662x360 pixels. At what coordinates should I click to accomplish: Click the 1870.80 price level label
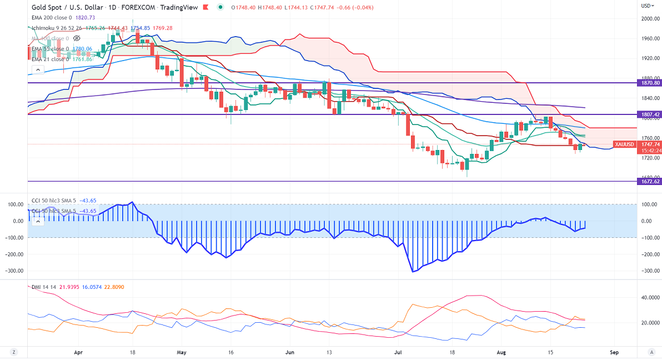[650, 83]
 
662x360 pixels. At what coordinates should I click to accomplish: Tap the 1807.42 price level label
[650, 114]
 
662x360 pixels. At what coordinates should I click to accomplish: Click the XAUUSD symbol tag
[624, 144]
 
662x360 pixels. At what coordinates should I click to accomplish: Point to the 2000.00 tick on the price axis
[649, 18]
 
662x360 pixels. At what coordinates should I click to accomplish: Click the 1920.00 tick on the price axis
[649, 58]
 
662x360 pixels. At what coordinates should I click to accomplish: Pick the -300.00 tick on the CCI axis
[648, 271]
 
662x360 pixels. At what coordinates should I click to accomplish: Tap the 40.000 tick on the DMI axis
[648, 298]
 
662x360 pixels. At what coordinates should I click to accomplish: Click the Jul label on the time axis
[398, 352]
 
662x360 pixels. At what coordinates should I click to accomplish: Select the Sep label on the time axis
[614, 352]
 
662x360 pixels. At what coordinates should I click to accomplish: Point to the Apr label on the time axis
[78, 352]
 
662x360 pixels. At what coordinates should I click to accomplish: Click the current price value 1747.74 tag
[650, 144]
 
